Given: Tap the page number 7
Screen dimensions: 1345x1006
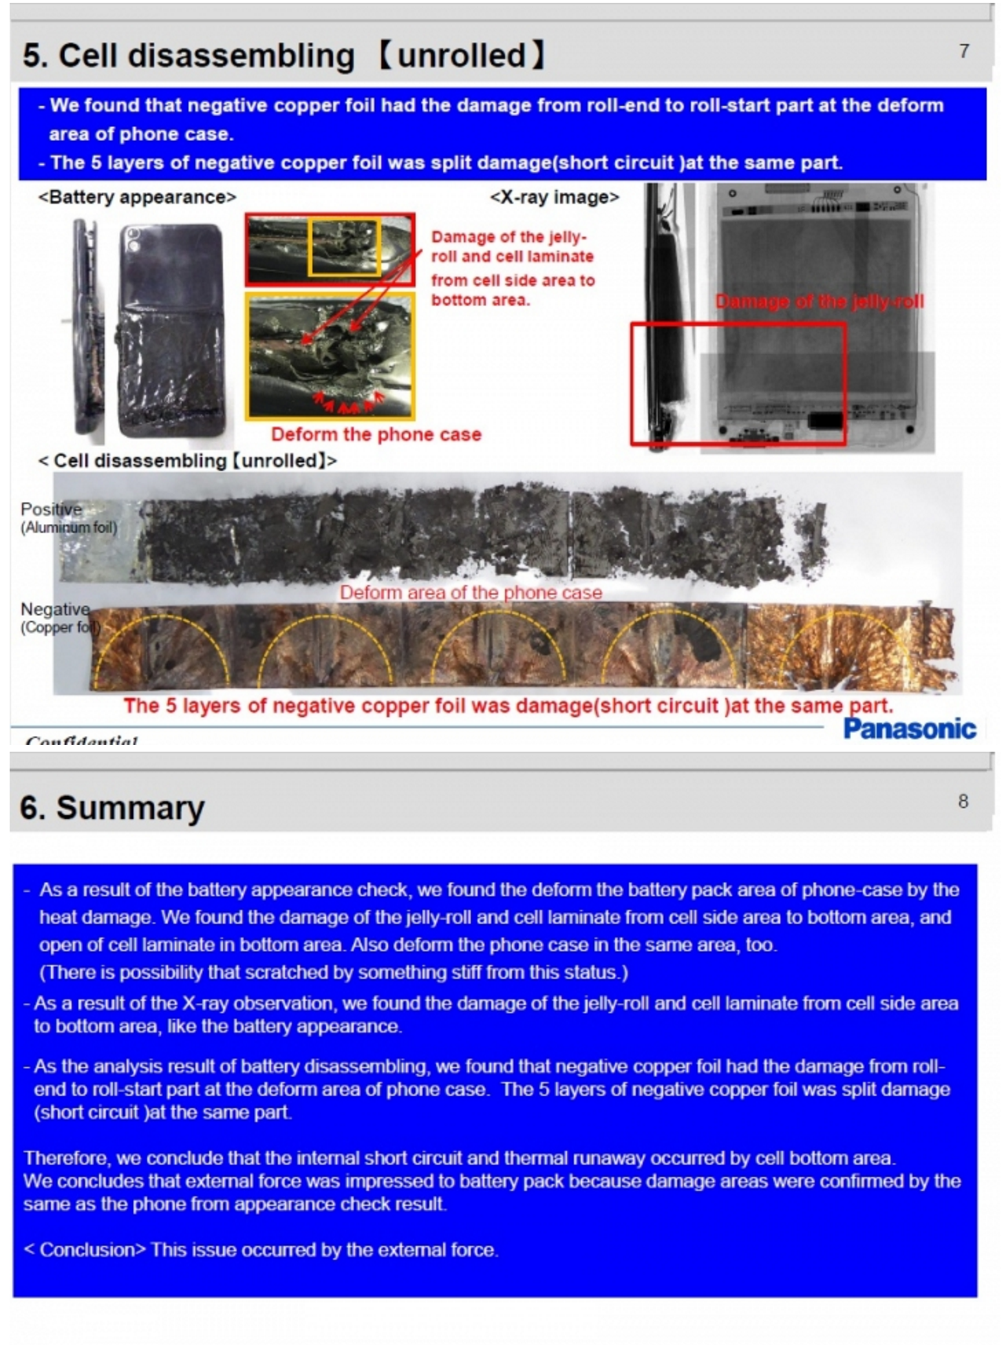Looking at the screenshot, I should coord(964,51).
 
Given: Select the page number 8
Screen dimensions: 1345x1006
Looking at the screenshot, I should coord(963,801).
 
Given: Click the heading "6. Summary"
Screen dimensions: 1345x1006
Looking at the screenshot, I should coord(112,807).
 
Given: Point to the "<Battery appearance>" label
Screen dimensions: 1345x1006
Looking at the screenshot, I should coord(138,198).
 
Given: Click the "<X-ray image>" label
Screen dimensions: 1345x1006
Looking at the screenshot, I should coord(554,198).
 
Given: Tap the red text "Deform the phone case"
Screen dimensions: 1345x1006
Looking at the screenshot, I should coord(376,434).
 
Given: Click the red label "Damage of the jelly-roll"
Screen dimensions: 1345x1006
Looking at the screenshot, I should coord(819,301).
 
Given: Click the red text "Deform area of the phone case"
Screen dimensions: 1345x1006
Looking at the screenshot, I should coord(471,593).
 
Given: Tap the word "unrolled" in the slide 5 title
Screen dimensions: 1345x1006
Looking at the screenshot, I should coord(461,55).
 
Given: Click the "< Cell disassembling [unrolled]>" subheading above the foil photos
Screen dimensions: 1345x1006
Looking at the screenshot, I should coord(187,460).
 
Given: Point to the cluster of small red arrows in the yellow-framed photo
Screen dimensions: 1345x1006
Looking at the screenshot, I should coord(347,402).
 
